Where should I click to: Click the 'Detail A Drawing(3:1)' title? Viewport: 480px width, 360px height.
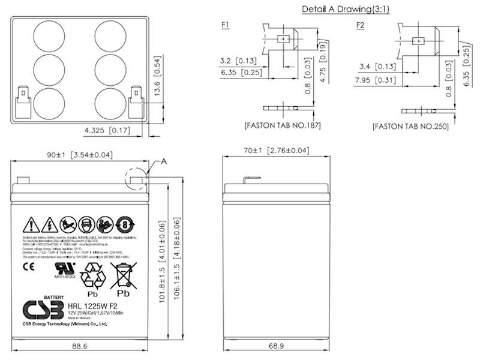[344, 9]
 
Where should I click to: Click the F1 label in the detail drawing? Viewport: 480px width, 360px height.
[225, 25]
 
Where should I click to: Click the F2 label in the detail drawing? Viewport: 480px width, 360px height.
[360, 25]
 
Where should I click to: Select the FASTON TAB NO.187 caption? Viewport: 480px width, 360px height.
[283, 126]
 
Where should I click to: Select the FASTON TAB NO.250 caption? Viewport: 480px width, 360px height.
[410, 127]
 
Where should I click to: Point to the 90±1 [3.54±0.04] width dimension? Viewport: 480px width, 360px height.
[80, 155]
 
